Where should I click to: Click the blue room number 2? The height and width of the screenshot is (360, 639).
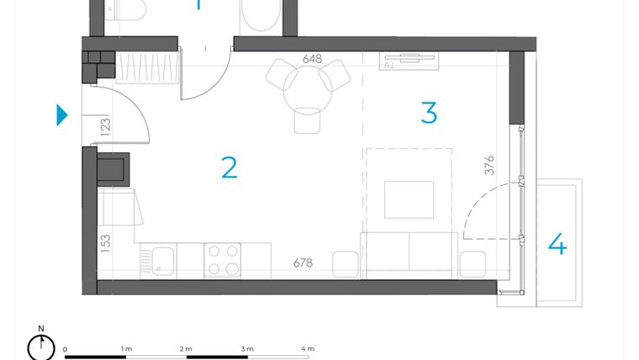pos(229,167)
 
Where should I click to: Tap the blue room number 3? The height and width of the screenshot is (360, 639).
pos(429,113)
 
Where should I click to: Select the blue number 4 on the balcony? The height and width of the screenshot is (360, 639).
pos(557,245)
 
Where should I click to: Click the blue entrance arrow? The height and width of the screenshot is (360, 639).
pos(61,115)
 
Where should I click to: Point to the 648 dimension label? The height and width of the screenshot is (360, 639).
pos(313,59)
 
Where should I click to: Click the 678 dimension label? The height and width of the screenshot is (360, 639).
pos(303,263)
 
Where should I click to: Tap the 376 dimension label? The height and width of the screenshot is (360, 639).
pos(489,166)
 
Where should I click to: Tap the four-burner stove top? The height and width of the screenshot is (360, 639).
pos(223,259)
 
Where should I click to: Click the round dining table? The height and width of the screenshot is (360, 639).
pos(308,88)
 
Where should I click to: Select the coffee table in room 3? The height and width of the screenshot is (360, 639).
pos(409,199)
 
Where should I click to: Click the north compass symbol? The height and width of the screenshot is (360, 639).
pos(40,345)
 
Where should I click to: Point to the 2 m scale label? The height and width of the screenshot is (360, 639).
pos(186,348)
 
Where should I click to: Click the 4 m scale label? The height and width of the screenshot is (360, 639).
pos(308,348)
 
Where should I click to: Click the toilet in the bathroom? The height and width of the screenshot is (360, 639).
pos(126,10)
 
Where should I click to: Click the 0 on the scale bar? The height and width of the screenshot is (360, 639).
pos(65,348)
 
